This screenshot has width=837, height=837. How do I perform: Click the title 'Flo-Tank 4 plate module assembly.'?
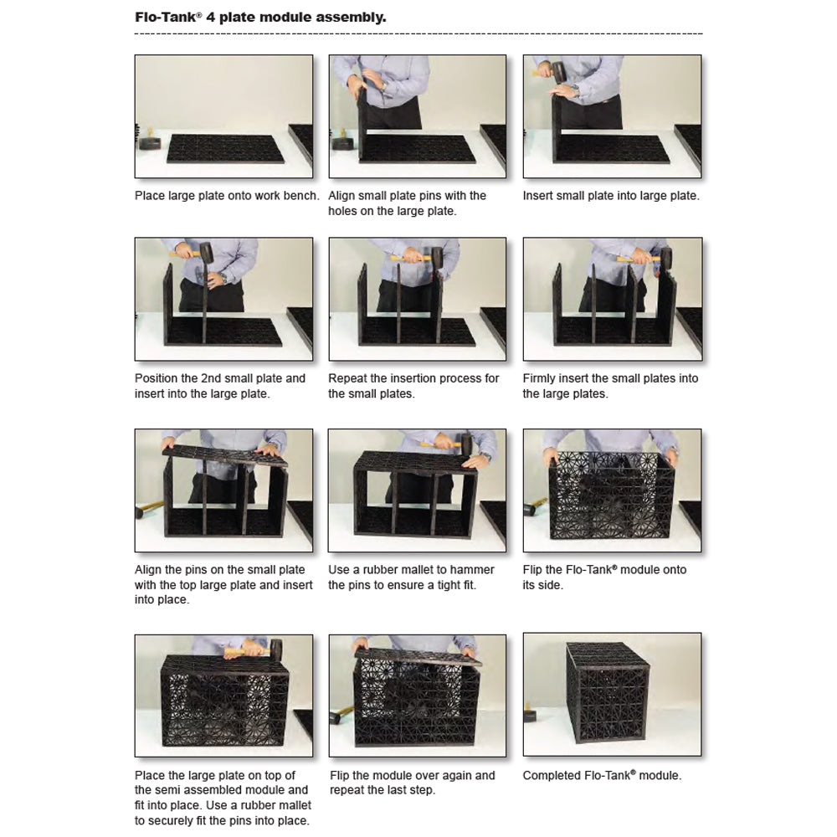pos(260,17)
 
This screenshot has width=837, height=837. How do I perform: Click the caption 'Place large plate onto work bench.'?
pos(227,196)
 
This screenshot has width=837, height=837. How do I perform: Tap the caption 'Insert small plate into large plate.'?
pos(611,196)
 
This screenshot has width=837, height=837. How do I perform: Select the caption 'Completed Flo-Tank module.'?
pos(602,775)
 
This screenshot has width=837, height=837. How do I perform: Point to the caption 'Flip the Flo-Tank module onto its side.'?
pos(604,577)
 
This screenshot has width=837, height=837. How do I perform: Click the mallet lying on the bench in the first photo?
pos(149,141)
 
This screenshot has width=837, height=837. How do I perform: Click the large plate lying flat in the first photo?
pos(225,149)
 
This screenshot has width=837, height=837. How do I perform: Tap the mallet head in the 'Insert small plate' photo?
pos(557,72)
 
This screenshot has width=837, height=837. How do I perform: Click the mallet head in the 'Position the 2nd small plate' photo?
pos(207,253)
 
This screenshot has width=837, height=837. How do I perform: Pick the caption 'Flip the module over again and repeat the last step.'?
pos(412,783)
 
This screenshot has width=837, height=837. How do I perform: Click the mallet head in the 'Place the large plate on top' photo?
pos(276,650)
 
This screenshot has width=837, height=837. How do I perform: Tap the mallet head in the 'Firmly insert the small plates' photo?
pos(666,259)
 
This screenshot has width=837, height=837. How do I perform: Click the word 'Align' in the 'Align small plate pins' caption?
pos(341,196)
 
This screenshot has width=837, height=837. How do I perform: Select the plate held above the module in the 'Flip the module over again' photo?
pos(418,656)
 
